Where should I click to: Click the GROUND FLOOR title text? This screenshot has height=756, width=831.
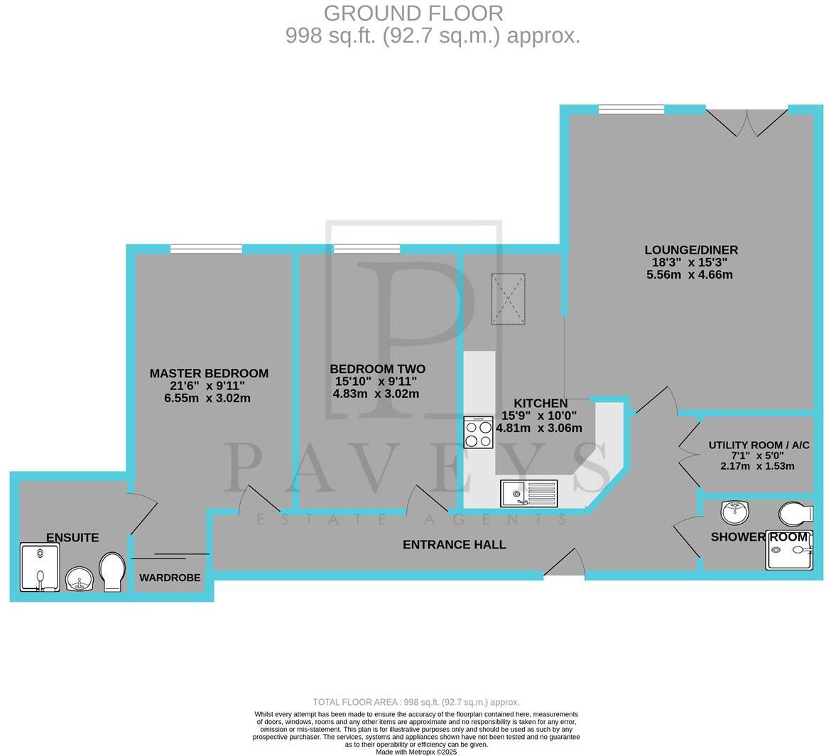pyautogui.click(x=413, y=13)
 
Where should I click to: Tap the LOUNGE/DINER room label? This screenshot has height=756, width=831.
pyautogui.click(x=690, y=250)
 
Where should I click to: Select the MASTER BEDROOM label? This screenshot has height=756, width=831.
pyautogui.click(x=209, y=374)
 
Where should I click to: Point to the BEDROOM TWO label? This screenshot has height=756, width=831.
pyautogui.click(x=377, y=369)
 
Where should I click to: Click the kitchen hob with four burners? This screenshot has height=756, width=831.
pyautogui.click(x=478, y=433)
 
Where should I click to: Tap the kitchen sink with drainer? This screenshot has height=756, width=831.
pyautogui.click(x=529, y=493)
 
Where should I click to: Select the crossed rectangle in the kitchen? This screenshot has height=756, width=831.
pyautogui.click(x=508, y=299)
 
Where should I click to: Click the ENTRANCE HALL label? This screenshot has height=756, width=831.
pyautogui.click(x=454, y=545)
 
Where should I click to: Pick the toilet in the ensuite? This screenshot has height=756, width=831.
pyautogui.click(x=112, y=572)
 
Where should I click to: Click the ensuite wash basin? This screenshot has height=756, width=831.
pyautogui.click(x=79, y=579)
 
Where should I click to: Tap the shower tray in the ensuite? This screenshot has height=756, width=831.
pyautogui.click(x=40, y=567)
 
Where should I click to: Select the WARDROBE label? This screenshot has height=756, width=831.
pyautogui.click(x=170, y=578)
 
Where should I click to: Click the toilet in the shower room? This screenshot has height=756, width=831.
pyautogui.click(x=795, y=513)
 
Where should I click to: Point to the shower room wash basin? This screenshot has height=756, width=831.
pyautogui.click(x=734, y=512)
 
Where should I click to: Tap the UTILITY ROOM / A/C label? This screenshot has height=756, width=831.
pyautogui.click(x=759, y=445)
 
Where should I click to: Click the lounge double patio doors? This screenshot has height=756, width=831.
pyautogui.click(x=747, y=122)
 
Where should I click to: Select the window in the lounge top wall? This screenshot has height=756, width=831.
pyautogui.click(x=631, y=109)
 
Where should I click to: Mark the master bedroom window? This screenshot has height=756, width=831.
pyautogui.click(x=206, y=249)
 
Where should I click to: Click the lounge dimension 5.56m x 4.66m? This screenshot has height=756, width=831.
pyautogui.click(x=689, y=275)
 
